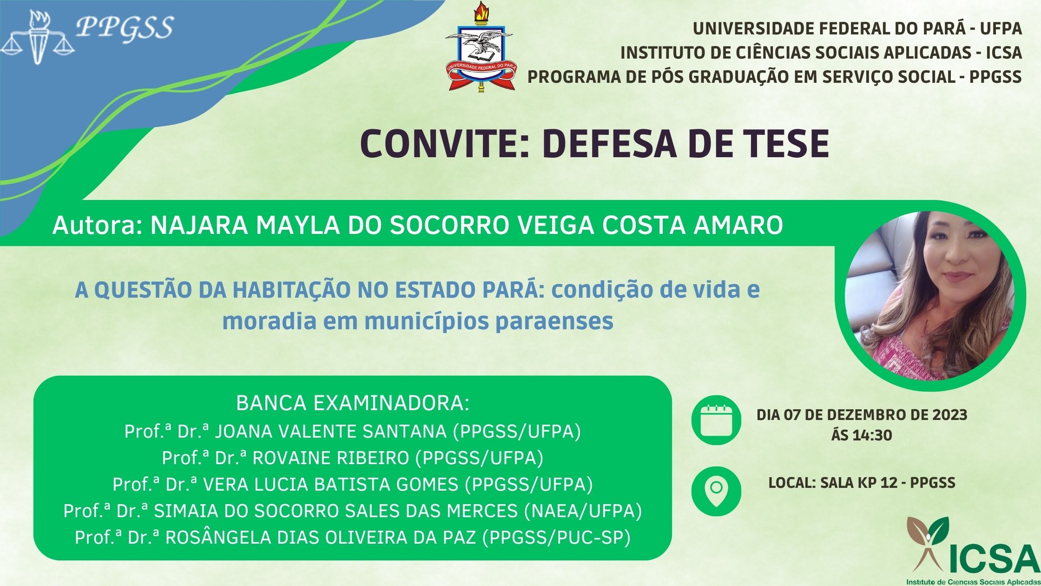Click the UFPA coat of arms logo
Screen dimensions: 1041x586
[479, 47]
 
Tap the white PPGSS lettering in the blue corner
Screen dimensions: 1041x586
[125, 27]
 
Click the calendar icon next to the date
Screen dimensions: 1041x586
[716, 420]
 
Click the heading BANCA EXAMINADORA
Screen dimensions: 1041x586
[353, 403]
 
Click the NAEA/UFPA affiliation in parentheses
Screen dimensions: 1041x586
[583, 511]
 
